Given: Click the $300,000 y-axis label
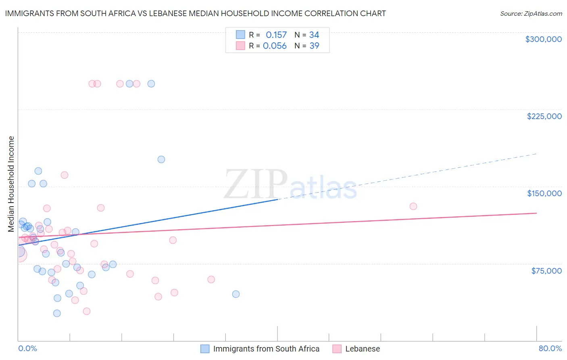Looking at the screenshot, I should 543,39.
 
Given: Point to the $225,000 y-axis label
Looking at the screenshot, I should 544,116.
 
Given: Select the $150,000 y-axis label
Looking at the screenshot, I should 544,193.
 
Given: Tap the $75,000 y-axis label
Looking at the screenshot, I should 546,271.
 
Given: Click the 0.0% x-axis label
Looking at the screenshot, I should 27,348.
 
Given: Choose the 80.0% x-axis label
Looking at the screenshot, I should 550,348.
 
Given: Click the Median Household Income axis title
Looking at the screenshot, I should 11,184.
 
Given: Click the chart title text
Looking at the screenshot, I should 195,13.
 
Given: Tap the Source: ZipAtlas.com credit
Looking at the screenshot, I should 531,13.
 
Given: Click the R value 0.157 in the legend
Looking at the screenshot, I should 276,35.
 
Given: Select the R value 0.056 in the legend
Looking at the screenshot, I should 275,46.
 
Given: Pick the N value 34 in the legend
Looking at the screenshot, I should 314,35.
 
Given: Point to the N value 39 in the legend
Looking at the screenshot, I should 314,46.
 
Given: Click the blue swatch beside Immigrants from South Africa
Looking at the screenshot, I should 205,349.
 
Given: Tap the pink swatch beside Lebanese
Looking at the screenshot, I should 337,349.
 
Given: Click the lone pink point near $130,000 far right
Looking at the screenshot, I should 413,206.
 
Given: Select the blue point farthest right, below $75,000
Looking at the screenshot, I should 236,294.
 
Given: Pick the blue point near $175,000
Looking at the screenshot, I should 161,159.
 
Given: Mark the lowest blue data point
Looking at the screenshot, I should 57,313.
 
